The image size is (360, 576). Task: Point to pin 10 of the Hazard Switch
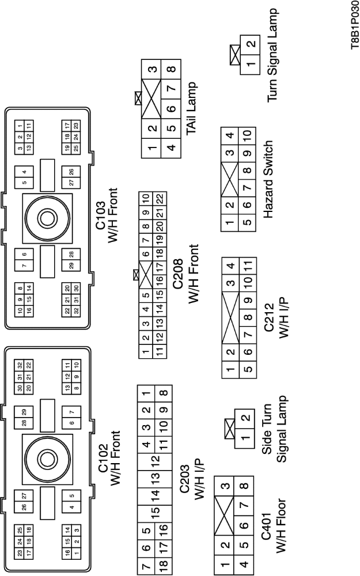click(247, 136)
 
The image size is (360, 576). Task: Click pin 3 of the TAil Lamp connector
click(153, 70)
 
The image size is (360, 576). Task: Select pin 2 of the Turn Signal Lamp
click(250, 44)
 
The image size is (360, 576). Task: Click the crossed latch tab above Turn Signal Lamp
click(234, 56)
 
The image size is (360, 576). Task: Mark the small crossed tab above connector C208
click(136, 275)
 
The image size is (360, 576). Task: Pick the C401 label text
click(272, 537)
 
